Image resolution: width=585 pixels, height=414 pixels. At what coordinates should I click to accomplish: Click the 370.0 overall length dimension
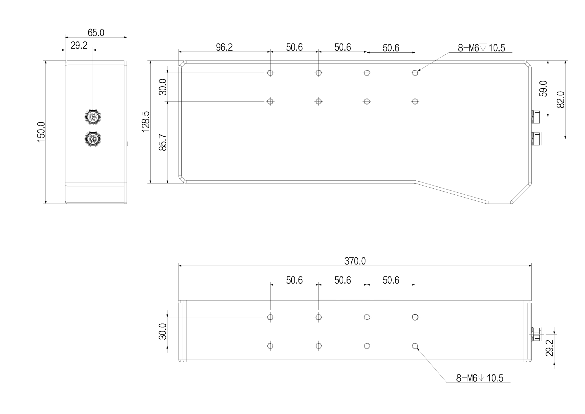(355, 261)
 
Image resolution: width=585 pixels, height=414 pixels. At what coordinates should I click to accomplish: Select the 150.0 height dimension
(41, 132)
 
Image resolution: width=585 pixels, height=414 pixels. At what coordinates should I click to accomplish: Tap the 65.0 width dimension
(96, 33)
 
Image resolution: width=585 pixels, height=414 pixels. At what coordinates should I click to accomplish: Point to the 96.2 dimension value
(224, 47)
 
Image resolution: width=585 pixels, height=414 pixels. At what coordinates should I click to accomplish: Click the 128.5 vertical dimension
(146, 122)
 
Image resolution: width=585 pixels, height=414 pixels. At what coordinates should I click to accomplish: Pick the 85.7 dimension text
(163, 142)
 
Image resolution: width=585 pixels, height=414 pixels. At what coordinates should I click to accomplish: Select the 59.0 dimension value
(543, 89)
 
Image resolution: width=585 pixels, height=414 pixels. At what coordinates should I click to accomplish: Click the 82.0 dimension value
(561, 99)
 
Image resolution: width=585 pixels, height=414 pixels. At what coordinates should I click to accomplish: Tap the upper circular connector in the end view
(93, 116)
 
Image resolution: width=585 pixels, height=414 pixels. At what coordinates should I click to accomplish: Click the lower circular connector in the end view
(93, 139)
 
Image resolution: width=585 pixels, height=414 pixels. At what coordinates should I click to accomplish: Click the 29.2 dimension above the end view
(79, 45)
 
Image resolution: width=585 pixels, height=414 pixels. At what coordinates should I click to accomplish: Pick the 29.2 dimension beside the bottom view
(549, 348)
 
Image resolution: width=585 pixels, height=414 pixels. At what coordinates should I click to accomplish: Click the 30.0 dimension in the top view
(163, 87)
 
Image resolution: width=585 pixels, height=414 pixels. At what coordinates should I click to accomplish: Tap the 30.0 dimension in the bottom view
(163, 331)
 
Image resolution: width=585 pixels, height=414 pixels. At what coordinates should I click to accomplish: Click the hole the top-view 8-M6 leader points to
(415, 73)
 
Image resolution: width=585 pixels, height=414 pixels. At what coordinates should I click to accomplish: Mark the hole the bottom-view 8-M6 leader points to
(415, 346)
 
